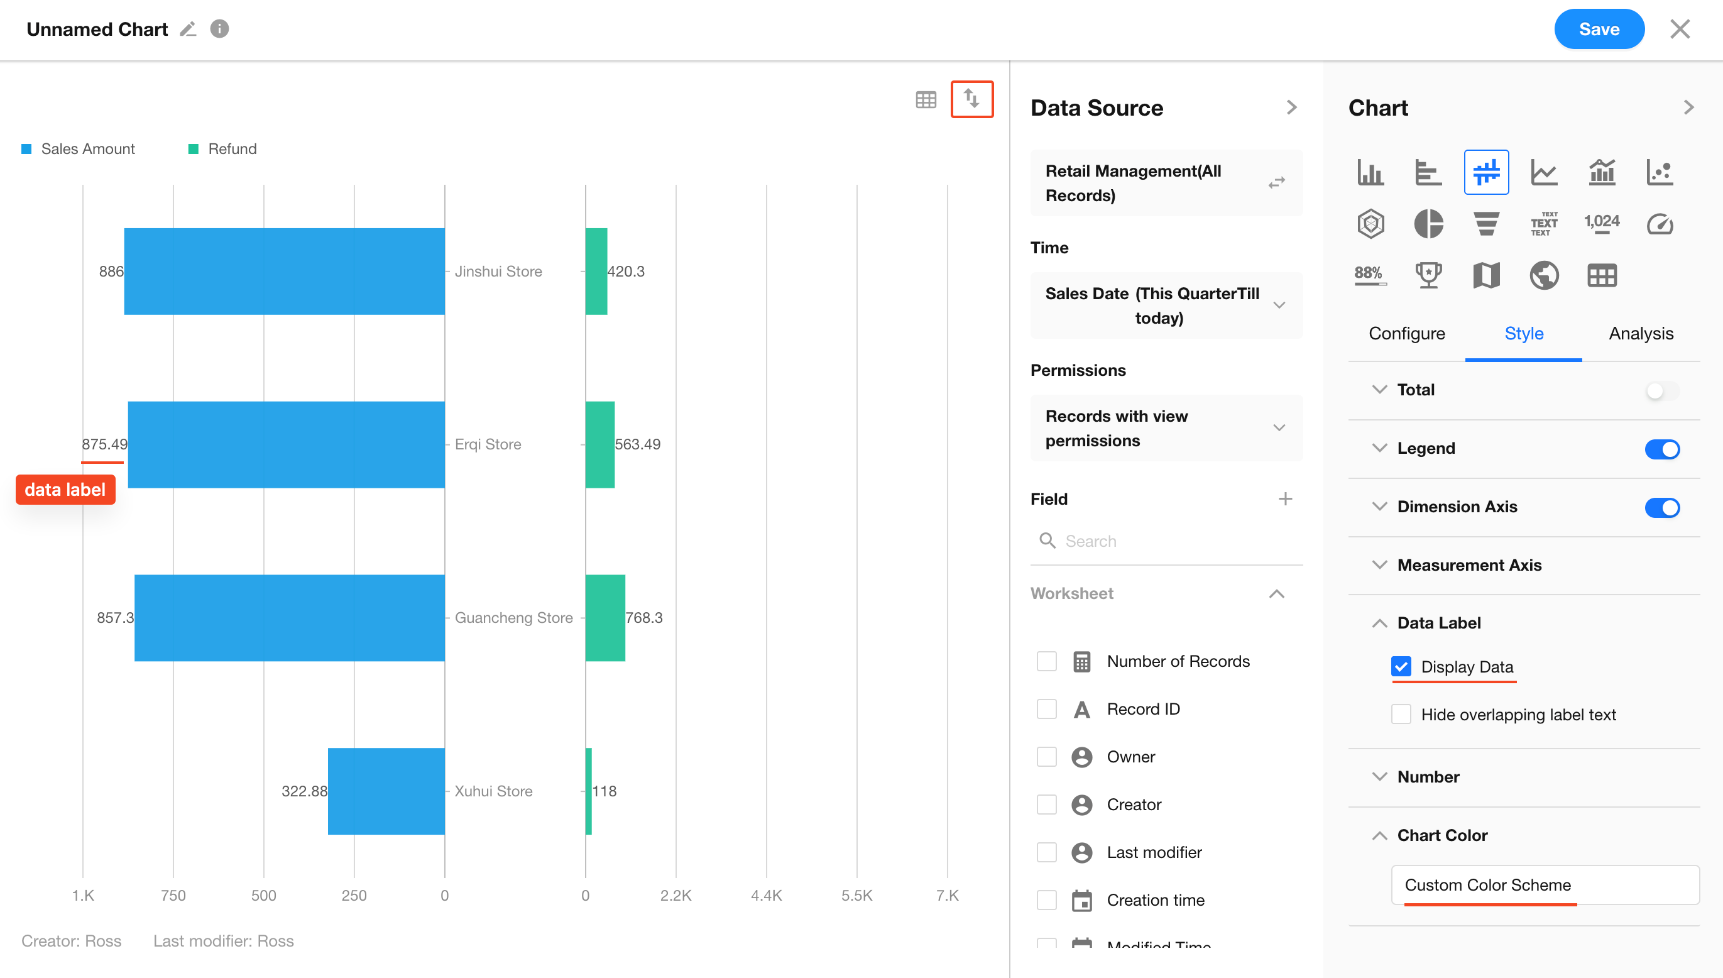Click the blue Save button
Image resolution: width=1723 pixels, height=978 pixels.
click(x=1598, y=29)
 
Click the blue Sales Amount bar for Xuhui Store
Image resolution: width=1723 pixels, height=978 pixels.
click(x=386, y=791)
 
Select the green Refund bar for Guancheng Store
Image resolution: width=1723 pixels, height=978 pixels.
click(x=605, y=617)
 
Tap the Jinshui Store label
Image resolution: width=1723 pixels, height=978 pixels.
click(x=498, y=272)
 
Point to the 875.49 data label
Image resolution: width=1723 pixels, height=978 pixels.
click(x=105, y=444)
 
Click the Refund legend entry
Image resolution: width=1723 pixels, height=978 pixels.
click(x=232, y=148)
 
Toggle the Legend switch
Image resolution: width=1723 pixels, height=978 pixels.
click(x=1661, y=449)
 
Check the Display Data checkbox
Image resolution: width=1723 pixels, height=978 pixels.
click(x=1401, y=666)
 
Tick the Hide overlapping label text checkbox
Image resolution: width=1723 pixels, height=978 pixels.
click(x=1401, y=714)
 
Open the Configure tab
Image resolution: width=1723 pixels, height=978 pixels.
click(x=1407, y=333)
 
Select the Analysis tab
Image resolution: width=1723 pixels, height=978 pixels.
click(x=1641, y=333)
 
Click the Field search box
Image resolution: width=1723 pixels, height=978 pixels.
click(x=1168, y=541)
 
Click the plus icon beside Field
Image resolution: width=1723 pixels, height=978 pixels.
click(x=1284, y=498)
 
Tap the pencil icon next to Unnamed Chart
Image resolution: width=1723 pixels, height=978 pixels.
click(x=188, y=29)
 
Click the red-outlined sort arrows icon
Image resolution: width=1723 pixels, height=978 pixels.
click(x=971, y=99)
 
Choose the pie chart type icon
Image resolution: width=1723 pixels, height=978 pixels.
click(x=1428, y=223)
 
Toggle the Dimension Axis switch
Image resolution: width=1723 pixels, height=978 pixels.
click(x=1661, y=507)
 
